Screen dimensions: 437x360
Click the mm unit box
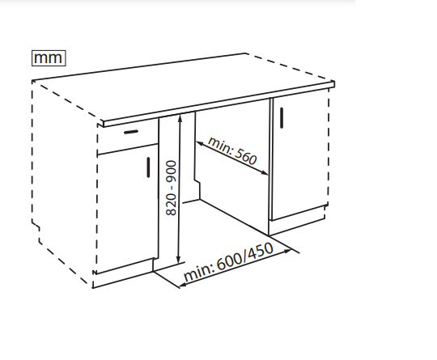[x=49, y=58]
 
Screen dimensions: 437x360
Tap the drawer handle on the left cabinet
[x=131, y=132]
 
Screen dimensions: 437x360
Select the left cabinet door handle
[x=148, y=167]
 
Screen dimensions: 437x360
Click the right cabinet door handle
[x=282, y=118]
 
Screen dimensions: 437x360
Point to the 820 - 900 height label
[x=171, y=188]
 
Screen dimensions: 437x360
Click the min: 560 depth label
[x=232, y=150]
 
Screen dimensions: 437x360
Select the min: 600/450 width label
[x=228, y=262]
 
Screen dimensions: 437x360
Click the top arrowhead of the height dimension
[x=180, y=117]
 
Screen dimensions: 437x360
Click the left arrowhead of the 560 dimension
[x=200, y=144]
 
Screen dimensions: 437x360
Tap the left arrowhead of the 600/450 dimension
[x=183, y=284]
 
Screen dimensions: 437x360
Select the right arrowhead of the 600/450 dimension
[x=287, y=252]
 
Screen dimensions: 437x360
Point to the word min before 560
[x=219, y=144]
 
